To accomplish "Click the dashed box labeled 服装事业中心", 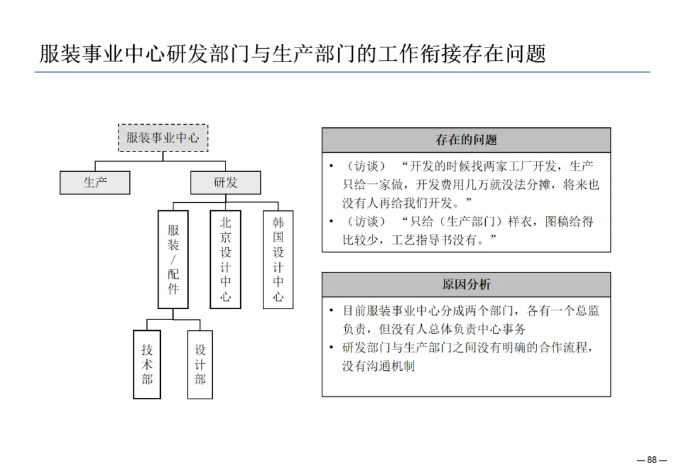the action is (163, 138).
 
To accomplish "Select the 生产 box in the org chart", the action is (95, 183).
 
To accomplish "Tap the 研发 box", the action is (225, 183).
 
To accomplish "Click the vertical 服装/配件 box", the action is (173, 259).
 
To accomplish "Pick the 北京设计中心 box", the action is (225, 259).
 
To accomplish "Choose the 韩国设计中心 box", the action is (278, 259).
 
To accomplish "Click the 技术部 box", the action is (147, 364).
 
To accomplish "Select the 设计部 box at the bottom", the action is (200, 364).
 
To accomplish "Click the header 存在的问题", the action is (466, 140).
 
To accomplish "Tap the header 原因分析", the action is (466, 285).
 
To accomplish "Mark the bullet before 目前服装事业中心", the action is (331, 311).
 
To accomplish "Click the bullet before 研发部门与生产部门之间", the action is (331, 348).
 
